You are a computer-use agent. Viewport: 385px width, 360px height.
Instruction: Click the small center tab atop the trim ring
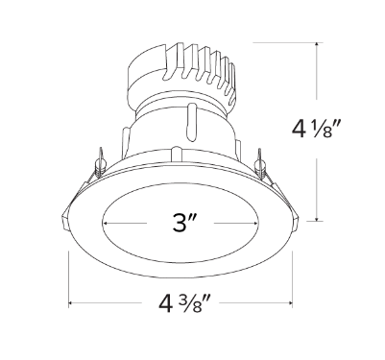pyautogui.click(x=176, y=151)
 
